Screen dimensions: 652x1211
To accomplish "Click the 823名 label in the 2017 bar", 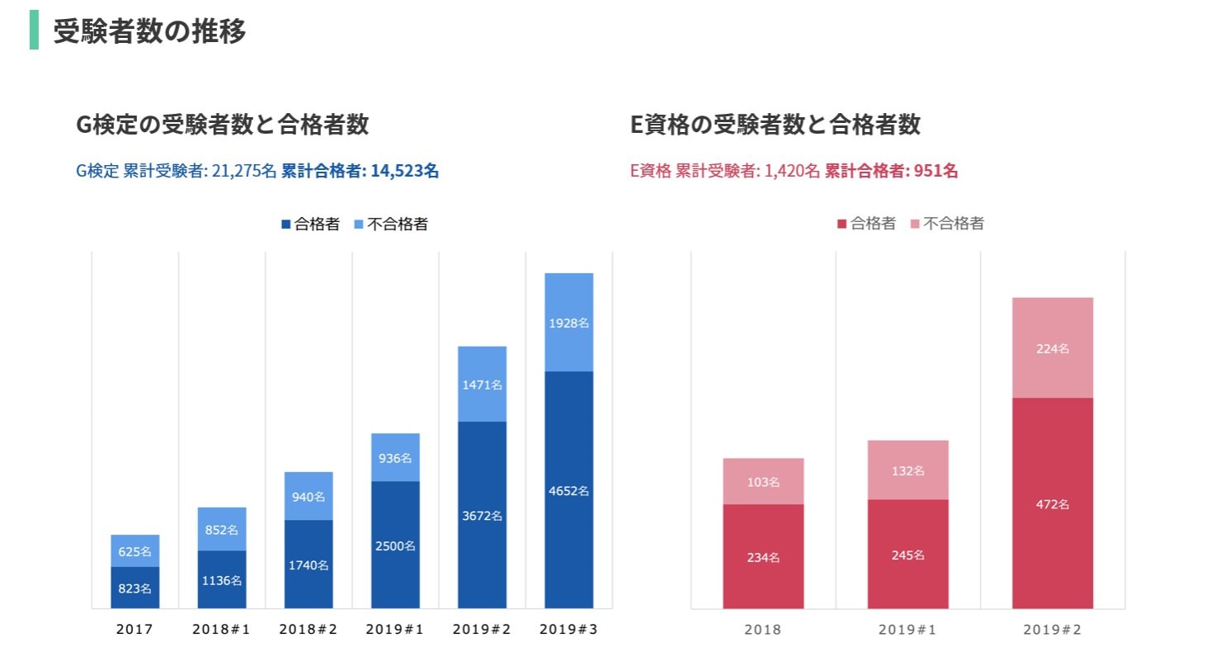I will (135, 589).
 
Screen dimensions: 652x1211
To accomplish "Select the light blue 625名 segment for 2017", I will (135, 551).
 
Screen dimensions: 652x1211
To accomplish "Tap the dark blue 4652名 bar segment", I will (569, 490).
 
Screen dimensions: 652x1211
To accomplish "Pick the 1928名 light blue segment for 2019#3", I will (569, 323).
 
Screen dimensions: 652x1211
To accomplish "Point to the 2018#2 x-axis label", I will (308, 629).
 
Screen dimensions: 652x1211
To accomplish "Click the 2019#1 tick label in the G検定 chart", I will (394, 629).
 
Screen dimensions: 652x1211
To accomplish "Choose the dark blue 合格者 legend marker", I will (286, 224).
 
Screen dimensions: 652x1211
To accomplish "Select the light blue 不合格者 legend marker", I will (359, 224).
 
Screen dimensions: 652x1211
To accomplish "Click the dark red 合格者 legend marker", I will (842, 224).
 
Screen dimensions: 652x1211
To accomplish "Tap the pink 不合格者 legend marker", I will (915, 224).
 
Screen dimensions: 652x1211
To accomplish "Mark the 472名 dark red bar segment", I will (1053, 503).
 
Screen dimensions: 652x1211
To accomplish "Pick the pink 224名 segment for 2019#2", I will (1053, 348).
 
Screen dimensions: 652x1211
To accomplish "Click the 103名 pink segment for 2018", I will (763, 482).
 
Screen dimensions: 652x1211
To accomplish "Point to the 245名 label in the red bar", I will (907, 555).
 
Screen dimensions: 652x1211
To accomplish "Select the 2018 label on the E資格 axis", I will (763, 630).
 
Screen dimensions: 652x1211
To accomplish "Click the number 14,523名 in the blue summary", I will (404, 172).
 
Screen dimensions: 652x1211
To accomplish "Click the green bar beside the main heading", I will (34, 31).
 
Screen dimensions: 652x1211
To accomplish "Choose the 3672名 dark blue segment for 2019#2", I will (482, 516).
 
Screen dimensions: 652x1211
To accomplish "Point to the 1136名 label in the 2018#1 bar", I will (221, 580).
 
